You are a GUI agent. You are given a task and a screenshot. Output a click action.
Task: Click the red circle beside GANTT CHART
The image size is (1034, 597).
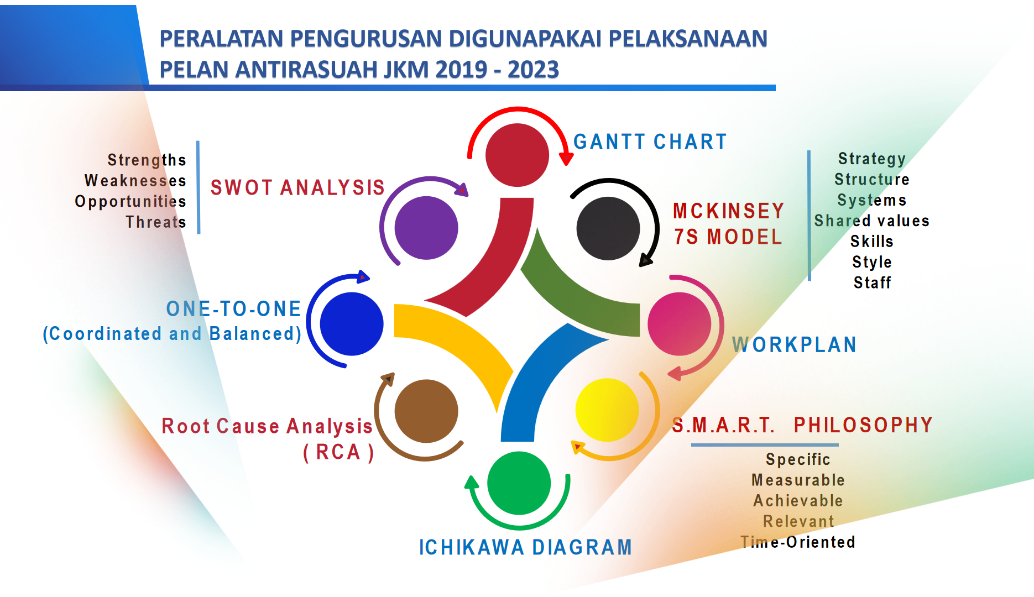(x=517, y=155)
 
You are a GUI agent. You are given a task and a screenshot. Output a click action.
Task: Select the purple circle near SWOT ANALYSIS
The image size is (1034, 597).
(x=426, y=228)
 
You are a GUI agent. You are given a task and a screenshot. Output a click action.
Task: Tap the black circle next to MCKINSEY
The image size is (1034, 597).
(x=608, y=228)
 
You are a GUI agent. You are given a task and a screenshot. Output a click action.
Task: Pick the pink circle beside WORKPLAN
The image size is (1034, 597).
(x=680, y=324)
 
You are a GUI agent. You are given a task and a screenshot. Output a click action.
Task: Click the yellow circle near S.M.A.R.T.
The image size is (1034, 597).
(x=607, y=410)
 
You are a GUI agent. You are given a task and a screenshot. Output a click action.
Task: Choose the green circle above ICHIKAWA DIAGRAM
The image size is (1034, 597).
(x=519, y=483)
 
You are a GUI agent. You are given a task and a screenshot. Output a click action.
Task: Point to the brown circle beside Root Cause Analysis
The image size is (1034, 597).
(x=426, y=411)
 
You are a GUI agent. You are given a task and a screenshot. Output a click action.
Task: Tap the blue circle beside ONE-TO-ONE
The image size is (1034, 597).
(x=352, y=324)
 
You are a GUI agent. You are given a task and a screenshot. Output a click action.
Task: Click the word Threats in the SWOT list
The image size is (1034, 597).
(x=156, y=222)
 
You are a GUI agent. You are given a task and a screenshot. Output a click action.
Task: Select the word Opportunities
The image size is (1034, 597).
(x=130, y=202)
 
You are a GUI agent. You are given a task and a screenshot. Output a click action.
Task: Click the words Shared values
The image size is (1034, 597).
(x=872, y=221)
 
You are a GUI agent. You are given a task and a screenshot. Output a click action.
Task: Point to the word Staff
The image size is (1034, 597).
(x=873, y=282)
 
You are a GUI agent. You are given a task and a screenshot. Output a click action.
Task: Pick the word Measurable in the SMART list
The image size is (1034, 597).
(x=798, y=480)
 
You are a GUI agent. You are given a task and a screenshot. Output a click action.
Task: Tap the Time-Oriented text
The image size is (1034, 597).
(x=798, y=542)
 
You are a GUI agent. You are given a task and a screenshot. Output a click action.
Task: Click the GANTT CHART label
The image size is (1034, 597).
(x=650, y=142)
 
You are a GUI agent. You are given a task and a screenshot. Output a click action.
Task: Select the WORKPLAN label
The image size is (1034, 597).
(x=795, y=345)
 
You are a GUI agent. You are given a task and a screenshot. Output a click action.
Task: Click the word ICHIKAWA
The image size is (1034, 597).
(x=472, y=547)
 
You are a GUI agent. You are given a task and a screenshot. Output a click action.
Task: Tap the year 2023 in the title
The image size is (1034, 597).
(x=534, y=70)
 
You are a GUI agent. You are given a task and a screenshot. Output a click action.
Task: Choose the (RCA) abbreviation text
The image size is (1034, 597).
(x=338, y=452)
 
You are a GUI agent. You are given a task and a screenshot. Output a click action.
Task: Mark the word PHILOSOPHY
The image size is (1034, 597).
(x=864, y=425)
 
